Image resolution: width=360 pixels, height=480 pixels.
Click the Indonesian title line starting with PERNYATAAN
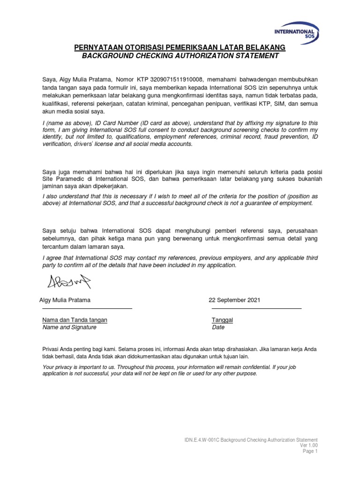(180, 47)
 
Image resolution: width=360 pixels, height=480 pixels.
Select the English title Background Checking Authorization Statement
(180, 56)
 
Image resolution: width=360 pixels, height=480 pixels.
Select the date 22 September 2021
(234, 300)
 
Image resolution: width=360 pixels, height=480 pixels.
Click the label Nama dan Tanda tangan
(75, 320)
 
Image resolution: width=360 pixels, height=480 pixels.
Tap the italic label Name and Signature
(69, 327)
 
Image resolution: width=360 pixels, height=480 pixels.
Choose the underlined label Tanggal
(223, 320)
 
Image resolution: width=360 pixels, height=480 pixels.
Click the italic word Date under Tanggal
(218, 327)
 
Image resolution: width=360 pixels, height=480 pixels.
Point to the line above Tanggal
(256, 309)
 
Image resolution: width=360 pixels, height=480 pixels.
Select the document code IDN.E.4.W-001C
(202, 440)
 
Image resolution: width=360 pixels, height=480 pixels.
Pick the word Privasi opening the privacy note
(51, 349)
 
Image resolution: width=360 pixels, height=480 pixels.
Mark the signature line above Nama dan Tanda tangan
(87, 309)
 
